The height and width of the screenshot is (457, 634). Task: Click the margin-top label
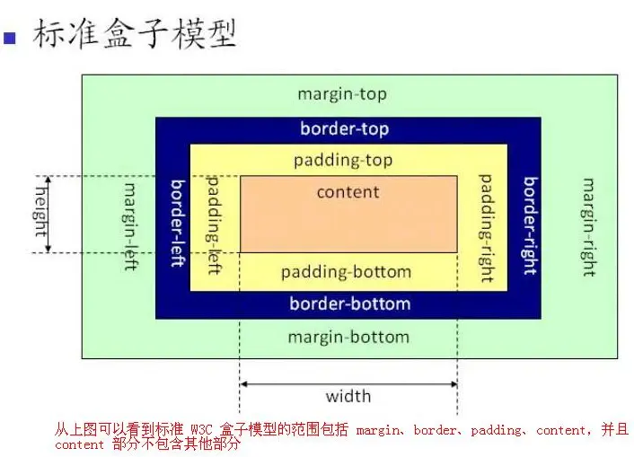(342, 94)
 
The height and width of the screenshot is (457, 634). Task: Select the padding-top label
(342, 161)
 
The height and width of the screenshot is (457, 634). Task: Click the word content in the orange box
(348, 191)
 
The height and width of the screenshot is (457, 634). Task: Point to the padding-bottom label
(346, 271)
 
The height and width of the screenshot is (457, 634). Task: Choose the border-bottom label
(349, 303)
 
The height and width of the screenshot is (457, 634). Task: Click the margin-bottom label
(348, 337)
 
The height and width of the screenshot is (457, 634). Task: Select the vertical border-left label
(177, 223)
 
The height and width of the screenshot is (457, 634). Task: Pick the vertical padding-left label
(214, 224)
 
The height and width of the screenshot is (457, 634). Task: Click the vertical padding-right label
(486, 228)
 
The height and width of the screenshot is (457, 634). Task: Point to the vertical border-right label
(530, 225)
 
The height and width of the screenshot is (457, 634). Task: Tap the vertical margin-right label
(588, 226)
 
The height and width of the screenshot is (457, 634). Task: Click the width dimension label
(348, 396)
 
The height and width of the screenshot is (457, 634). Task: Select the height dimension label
(40, 207)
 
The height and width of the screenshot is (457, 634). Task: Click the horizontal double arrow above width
(348, 383)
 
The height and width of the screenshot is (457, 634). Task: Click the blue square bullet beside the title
(11, 37)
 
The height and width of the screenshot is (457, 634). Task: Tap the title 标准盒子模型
(135, 33)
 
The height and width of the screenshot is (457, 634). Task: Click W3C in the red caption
(204, 430)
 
